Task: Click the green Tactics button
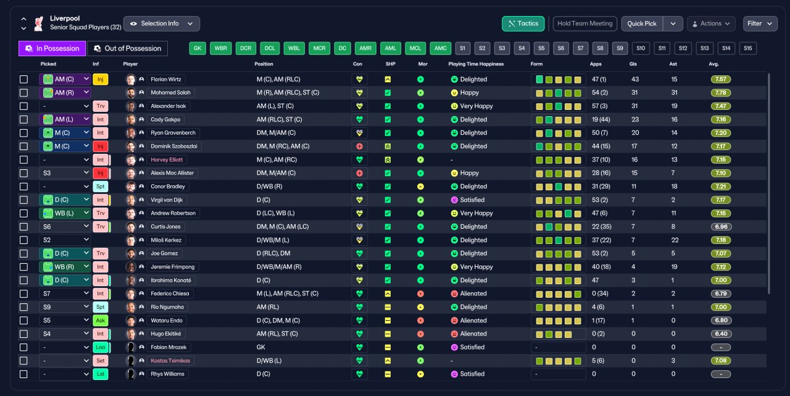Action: pos(523,23)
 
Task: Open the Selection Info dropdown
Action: pos(162,23)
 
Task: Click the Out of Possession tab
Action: pos(127,48)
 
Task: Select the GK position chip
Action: pos(197,48)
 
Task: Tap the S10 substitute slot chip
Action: pos(641,48)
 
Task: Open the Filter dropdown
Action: pos(760,23)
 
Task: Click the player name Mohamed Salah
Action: pos(170,93)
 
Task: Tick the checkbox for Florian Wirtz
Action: pos(23,80)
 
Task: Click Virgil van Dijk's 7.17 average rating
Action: pos(720,200)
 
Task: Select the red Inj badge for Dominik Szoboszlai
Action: pos(101,146)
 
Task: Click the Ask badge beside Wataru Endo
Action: pos(101,321)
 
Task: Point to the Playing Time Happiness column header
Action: pos(476,64)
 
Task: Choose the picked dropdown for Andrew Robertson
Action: pos(65,213)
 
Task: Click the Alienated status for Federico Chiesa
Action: pos(473,293)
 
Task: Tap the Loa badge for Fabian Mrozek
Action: pos(101,347)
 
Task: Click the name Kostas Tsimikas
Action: pos(170,361)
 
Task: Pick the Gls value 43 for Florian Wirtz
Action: pos(635,80)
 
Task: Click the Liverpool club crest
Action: pos(39,23)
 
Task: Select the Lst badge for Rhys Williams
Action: pos(101,374)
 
